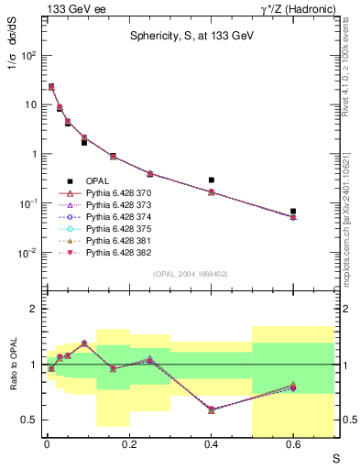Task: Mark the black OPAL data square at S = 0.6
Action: (x=293, y=212)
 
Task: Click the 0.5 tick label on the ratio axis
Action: (x=29, y=420)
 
